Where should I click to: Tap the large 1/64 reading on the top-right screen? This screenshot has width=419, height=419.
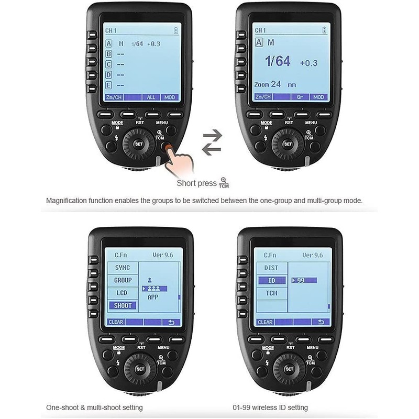click(x=277, y=61)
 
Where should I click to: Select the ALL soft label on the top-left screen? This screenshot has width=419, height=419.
click(x=151, y=97)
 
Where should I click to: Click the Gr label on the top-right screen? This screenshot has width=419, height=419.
click(x=300, y=97)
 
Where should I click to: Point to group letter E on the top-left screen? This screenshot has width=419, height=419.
click(x=109, y=85)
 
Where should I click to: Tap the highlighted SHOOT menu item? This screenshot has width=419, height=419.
click(x=123, y=305)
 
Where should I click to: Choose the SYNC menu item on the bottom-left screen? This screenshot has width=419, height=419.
click(x=123, y=268)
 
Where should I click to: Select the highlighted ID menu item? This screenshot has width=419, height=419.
click(x=271, y=280)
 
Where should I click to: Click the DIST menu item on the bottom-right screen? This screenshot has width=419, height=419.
click(x=271, y=268)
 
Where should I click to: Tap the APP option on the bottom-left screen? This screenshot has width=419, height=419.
click(x=152, y=297)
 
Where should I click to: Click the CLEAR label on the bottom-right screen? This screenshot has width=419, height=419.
click(x=265, y=322)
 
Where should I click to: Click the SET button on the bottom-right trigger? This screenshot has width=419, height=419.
click(x=288, y=369)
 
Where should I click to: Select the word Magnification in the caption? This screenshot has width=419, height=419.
click(x=69, y=201)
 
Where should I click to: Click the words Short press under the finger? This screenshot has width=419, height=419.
click(x=196, y=183)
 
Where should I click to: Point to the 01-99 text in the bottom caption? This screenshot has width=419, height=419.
click(x=242, y=407)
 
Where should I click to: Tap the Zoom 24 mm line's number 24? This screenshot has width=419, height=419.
click(x=276, y=84)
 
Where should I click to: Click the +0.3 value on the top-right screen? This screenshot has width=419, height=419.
click(x=308, y=63)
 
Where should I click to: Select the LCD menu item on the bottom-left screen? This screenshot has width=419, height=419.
click(x=123, y=293)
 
